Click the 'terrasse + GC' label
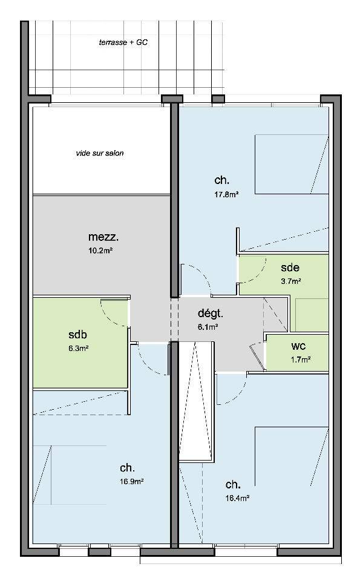(x=123, y=42)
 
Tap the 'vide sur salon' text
(x=100, y=153)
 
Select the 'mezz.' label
(x=103, y=237)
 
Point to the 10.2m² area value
(x=100, y=251)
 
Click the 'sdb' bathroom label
(x=78, y=334)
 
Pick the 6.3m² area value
(x=78, y=349)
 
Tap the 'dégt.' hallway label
(x=211, y=313)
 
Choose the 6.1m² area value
(x=208, y=327)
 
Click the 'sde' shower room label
(x=290, y=267)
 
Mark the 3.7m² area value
(x=291, y=281)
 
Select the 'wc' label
(x=298, y=346)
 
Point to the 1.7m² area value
(x=300, y=359)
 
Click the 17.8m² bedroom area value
(x=226, y=194)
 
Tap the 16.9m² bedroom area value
(x=131, y=481)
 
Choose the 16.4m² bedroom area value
(x=237, y=498)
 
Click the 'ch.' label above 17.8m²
(x=221, y=180)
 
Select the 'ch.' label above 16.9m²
(x=127, y=468)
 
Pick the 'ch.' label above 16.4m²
(x=232, y=484)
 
